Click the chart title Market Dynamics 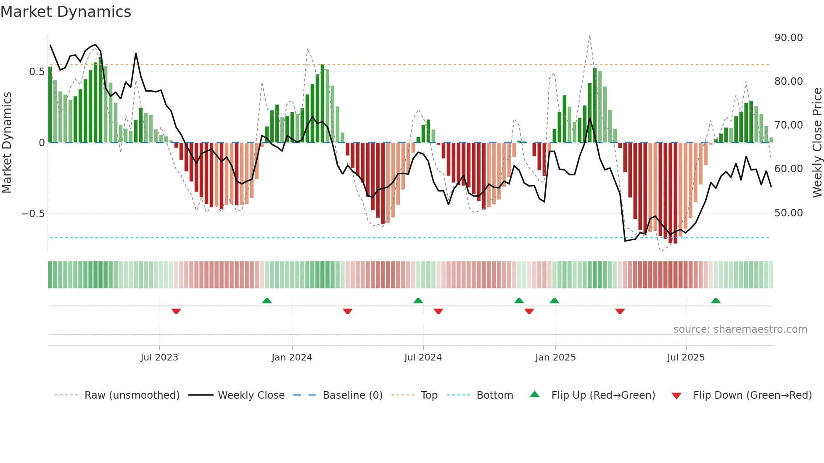point(66,12)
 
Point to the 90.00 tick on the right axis point(788,38)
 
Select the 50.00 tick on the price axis point(788,213)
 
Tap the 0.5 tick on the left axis point(37,72)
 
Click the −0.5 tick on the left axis point(33,214)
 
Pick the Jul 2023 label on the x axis point(159,358)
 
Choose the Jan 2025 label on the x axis point(555,358)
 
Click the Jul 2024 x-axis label point(423,358)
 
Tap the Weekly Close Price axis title point(817,143)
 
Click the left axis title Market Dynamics point(7,143)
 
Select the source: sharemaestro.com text point(740,329)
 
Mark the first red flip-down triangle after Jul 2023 point(176,311)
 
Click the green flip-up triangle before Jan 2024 point(267,300)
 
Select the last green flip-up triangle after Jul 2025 point(716,300)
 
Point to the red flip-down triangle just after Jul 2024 point(438,311)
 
